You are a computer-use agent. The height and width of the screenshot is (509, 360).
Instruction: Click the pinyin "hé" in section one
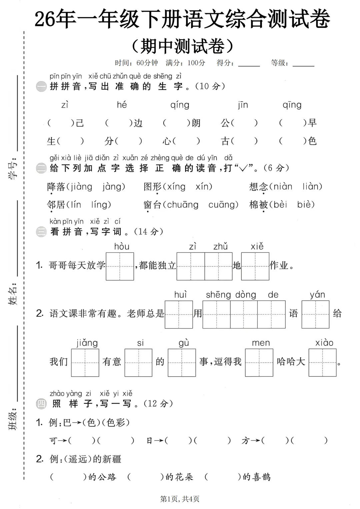point(122,105)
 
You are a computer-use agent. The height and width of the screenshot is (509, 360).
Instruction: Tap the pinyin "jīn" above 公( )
point(243,105)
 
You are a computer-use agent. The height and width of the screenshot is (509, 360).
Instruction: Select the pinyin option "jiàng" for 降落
point(81,187)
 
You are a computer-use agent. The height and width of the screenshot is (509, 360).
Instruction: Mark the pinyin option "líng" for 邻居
point(101,205)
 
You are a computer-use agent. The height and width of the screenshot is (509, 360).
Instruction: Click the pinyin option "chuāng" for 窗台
point(182,205)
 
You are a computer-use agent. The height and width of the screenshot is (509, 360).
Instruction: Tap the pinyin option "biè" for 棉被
point(306,205)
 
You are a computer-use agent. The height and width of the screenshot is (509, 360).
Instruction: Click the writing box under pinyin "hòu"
point(120,266)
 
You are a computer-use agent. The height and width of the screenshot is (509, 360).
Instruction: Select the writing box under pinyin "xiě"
point(255,266)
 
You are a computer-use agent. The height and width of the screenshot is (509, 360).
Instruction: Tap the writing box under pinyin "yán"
point(315,314)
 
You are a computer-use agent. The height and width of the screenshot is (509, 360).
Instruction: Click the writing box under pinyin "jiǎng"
point(85,362)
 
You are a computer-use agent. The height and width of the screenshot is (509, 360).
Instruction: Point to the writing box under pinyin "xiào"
point(322,362)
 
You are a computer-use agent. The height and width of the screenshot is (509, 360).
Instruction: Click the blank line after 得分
point(249,64)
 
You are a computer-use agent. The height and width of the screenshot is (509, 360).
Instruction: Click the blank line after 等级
point(303,64)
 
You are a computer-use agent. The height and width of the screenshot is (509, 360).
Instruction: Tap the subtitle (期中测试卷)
point(182,46)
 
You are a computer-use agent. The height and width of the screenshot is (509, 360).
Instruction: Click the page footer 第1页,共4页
point(180,499)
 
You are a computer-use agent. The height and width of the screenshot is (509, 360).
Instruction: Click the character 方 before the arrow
point(246,441)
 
